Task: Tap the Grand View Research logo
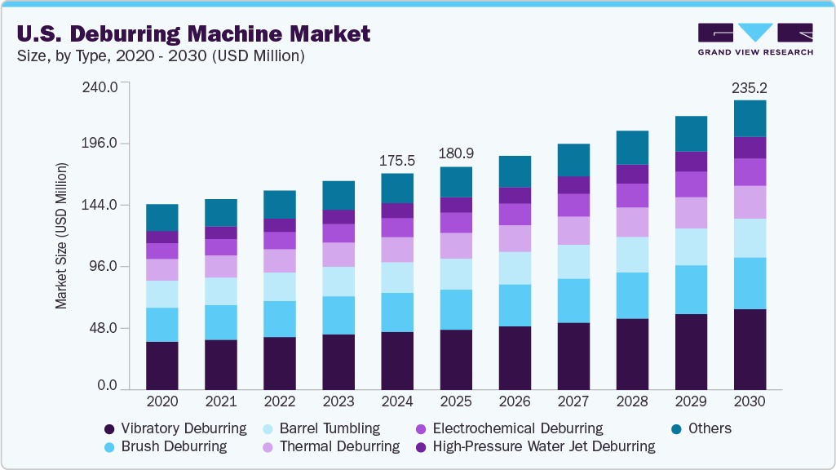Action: point(755,38)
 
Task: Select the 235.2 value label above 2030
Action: point(750,86)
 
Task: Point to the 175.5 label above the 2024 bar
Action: point(397,160)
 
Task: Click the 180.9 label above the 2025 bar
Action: point(456,153)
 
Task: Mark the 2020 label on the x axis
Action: point(162,402)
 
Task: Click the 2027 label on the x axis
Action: point(573,402)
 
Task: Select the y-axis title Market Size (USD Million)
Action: point(61,236)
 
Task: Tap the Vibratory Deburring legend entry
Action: point(175,428)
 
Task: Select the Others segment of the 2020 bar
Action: point(162,218)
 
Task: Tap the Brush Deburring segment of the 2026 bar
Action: point(515,305)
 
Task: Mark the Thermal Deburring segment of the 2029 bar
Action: point(691,212)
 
